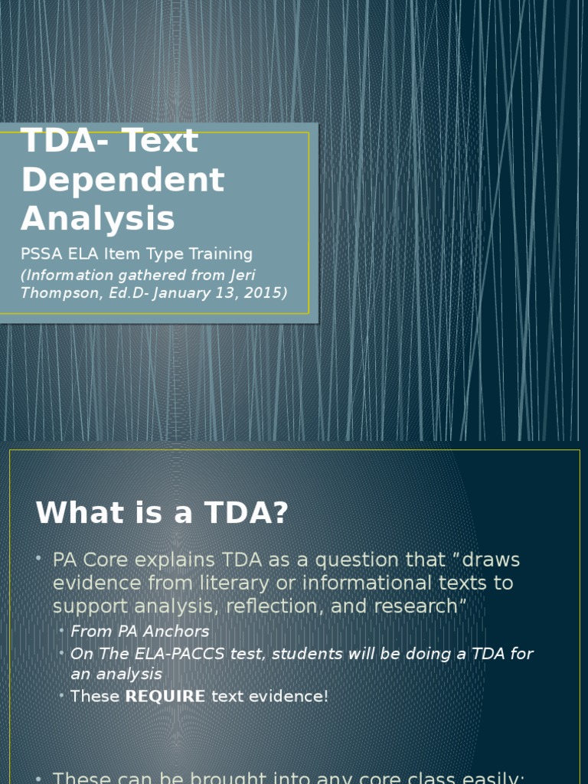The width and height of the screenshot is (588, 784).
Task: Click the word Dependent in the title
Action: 122,180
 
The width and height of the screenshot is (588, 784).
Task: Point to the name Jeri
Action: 237,274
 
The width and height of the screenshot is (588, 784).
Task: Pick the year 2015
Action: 262,292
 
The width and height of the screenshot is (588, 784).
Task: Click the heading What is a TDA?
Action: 162,513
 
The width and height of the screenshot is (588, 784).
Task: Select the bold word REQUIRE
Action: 165,697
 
